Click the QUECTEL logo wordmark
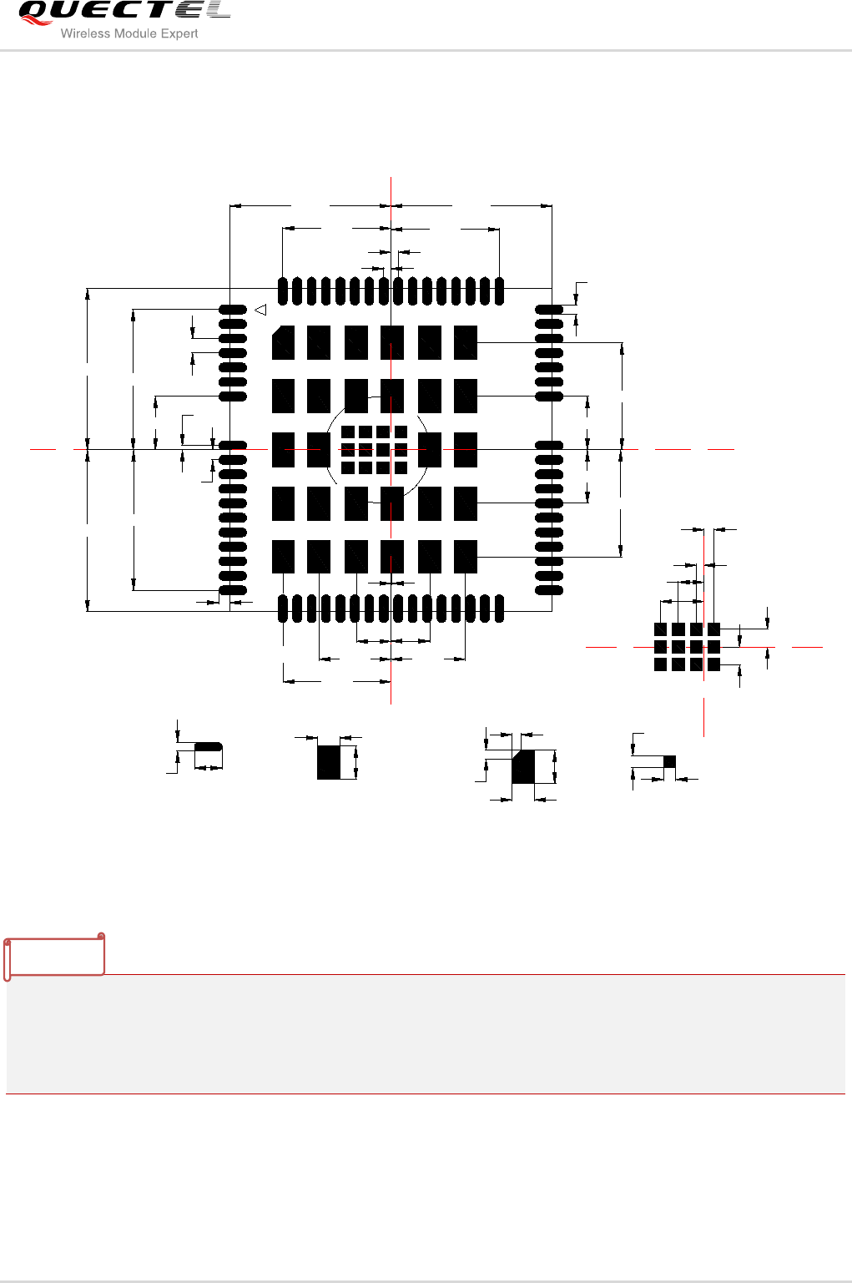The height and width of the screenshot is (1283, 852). (124, 12)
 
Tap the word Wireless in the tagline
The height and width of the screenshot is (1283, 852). (86, 33)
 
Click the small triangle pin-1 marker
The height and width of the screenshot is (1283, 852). (260, 311)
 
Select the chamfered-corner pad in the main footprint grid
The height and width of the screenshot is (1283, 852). (283, 342)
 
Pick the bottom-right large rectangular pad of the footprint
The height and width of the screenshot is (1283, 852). (465, 556)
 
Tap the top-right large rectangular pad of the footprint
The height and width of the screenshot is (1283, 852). (465, 342)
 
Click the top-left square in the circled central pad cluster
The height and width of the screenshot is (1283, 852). (348, 432)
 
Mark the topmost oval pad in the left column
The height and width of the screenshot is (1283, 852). (233, 310)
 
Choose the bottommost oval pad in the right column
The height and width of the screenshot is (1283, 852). (549, 590)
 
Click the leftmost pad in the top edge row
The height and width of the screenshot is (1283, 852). (283, 290)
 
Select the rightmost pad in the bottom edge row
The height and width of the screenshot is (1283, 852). (499, 609)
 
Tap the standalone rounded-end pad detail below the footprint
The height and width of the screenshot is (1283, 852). (209, 746)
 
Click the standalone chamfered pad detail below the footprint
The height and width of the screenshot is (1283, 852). (523, 766)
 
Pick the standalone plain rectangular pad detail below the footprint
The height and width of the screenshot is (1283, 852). (329, 762)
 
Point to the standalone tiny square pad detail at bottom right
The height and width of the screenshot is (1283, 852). (669, 761)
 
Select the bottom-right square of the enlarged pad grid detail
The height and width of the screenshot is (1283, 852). (713, 664)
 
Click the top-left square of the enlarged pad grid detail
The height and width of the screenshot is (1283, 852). (660, 629)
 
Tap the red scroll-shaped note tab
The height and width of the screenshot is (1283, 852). (55, 957)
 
